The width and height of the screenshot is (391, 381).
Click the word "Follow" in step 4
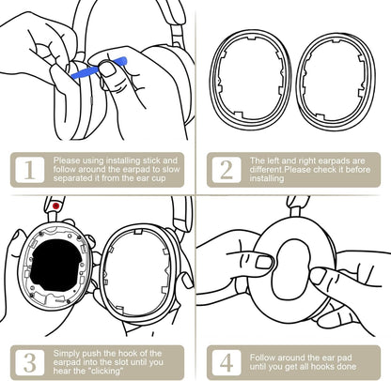[x=262, y=358]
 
